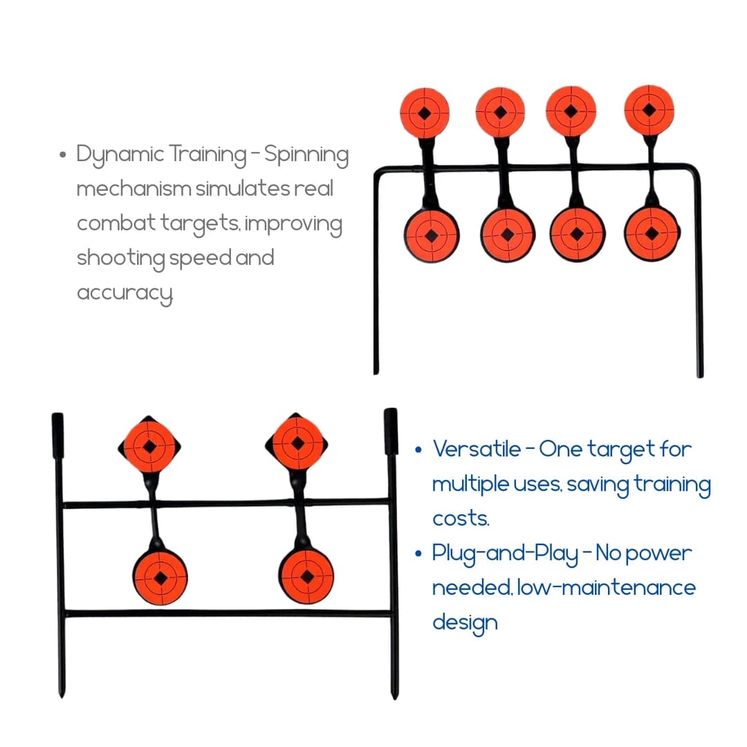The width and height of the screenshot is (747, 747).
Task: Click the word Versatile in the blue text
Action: click(x=477, y=449)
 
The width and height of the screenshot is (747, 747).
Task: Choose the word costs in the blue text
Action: click(x=461, y=518)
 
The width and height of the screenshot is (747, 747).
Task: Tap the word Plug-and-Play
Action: click(x=505, y=554)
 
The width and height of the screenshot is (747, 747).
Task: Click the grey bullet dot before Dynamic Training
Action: click(x=62, y=155)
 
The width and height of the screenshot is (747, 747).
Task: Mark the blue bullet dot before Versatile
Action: click(x=418, y=450)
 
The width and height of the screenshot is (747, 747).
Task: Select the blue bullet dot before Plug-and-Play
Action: click(x=418, y=553)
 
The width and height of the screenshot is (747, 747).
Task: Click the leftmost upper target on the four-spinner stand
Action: click(x=425, y=113)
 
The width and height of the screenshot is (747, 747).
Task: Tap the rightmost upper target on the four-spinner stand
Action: click(x=649, y=111)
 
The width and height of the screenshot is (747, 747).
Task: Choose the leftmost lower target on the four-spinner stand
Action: click(x=431, y=236)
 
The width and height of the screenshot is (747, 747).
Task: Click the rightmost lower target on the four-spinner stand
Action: click(x=652, y=234)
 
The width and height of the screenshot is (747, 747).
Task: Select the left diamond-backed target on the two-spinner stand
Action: click(x=149, y=447)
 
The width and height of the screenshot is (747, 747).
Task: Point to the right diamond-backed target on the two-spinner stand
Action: click(x=297, y=443)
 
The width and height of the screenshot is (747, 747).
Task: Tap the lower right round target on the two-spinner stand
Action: click(x=306, y=577)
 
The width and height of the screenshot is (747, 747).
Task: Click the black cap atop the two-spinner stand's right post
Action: click(x=391, y=431)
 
